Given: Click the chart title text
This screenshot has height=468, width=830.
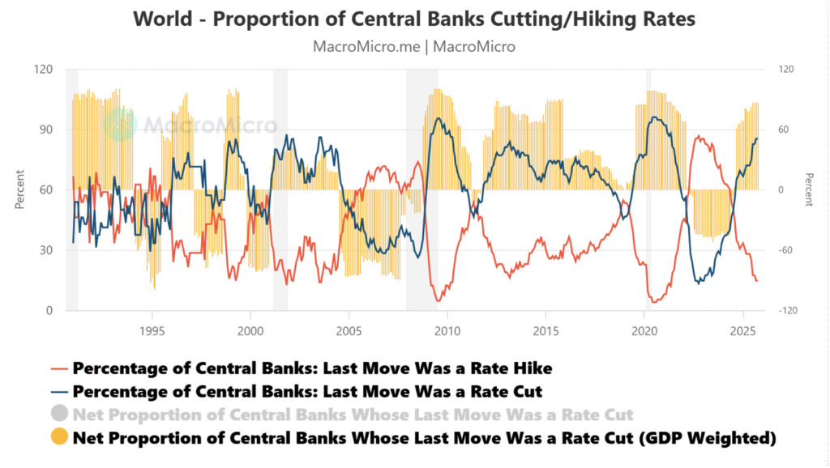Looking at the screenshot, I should (414, 19).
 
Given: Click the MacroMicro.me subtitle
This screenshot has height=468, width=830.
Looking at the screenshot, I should (414, 46).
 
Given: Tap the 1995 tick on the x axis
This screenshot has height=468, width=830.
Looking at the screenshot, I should (152, 330).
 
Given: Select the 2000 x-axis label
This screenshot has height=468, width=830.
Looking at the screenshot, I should (250, 330).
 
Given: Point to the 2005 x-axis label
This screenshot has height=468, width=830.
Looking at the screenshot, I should (349, 330).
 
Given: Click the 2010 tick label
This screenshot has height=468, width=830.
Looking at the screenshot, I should (447, 330).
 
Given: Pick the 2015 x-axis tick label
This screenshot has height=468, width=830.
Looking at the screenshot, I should (545, 330).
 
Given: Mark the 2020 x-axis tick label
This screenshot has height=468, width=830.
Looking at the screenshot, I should (644, 330).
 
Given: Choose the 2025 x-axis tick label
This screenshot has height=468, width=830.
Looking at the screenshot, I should (742, 330).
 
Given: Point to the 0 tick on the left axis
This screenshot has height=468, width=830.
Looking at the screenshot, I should (49, 311).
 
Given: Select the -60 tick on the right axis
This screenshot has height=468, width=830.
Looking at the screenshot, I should (785, 250).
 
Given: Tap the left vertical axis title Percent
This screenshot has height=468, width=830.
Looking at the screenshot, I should (19, 189).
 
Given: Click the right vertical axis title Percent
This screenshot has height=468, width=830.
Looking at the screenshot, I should (808, 189).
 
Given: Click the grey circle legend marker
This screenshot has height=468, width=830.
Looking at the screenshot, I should (58, 415).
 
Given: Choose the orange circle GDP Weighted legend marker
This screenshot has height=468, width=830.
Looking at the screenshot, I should (58, 438).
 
